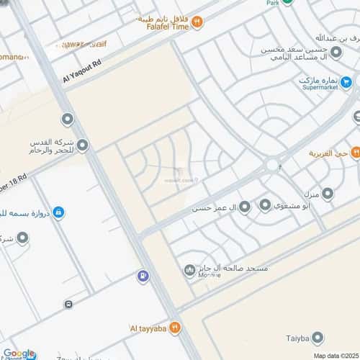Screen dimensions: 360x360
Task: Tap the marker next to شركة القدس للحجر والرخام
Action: click(x=83, y=146)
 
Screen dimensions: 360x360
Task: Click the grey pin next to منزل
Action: click(x=328, y=193)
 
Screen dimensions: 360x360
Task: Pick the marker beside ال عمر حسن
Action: click(x=244, y=208)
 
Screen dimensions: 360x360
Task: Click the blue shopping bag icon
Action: click(x=58, y=212)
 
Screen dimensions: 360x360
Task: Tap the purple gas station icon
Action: click(x=144, y=274)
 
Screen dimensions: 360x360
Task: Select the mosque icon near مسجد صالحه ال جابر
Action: click(x=189, y=270)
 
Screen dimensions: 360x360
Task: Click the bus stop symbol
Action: click(x=68, y=304)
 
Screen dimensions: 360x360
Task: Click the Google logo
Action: click(x=19, y=354)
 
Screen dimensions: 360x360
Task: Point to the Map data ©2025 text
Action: click(x=334, y=355)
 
